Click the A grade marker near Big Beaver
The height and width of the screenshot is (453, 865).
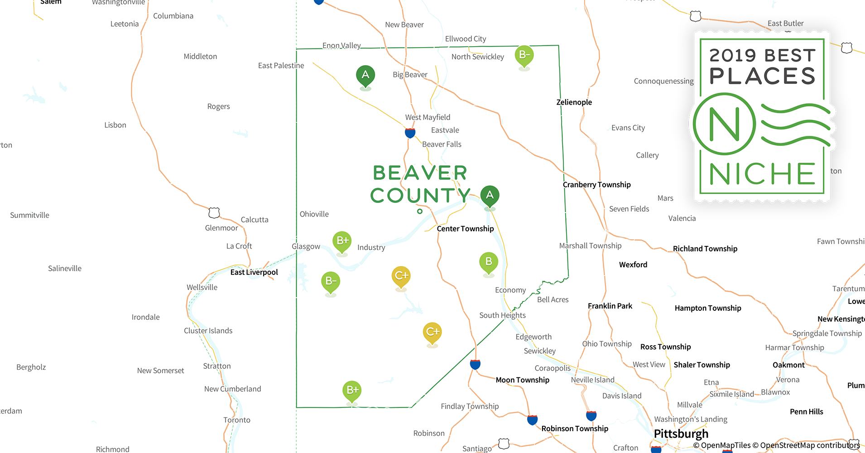(365, 75)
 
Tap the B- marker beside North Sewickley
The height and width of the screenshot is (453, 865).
(524, 55)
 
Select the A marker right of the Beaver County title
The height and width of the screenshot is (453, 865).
(490, 195)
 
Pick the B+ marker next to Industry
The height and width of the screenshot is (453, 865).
(342, 241)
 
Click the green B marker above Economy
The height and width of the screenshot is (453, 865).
(489, 262)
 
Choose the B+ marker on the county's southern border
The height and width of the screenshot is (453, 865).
(352, 390)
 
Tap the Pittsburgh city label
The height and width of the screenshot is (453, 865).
(681, 434)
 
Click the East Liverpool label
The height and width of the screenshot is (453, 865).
(254, 272)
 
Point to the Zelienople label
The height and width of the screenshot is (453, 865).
(574, 102)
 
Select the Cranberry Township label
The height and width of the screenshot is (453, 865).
(596, 185)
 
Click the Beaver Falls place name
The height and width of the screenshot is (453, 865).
(442, 145)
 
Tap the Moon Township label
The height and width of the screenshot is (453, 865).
(522, 380)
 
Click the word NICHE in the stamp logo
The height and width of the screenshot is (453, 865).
(762, 174)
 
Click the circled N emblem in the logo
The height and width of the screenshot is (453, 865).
(724, 124)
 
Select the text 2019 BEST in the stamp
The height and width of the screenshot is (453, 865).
(762, 56)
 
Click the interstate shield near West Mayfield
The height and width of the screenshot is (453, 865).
(410, 133)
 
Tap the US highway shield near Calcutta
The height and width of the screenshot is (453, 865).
(214, 212)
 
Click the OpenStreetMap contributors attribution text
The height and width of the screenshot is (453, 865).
(809, 445)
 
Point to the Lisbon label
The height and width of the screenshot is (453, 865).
(115, 125)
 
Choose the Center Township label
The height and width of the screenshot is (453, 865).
(465, 229)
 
